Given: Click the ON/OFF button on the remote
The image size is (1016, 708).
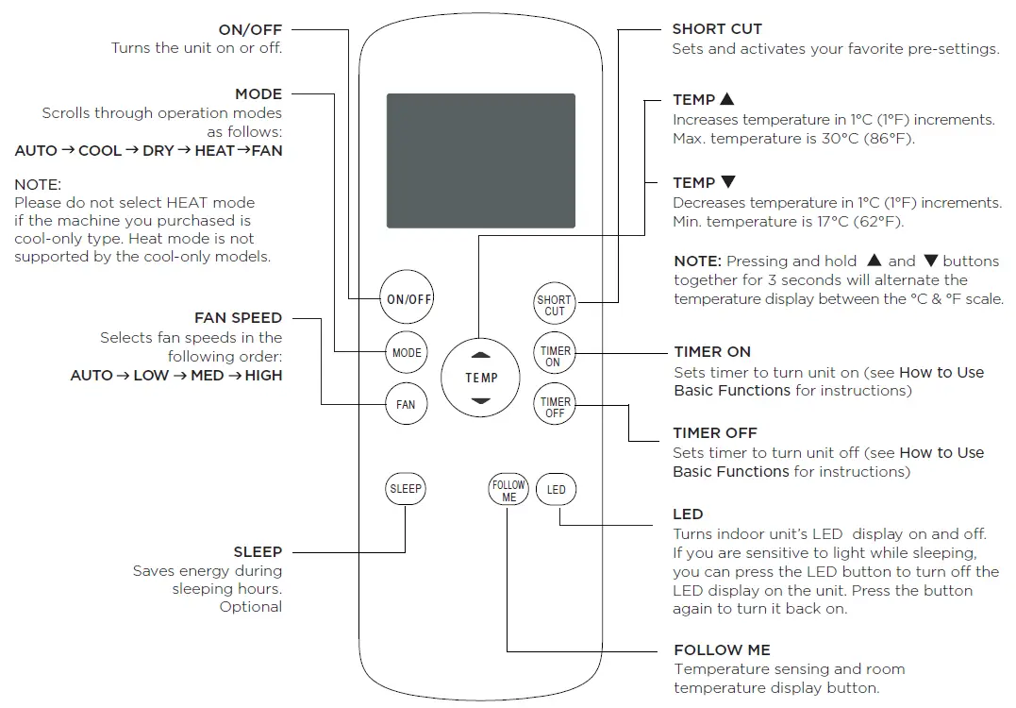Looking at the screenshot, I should [409, 299].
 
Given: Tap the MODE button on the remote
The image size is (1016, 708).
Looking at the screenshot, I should [407, 353].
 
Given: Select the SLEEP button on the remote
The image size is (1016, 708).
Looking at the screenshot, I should [406, 489].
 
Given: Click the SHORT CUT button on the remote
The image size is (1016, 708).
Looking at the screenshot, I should [555, 305].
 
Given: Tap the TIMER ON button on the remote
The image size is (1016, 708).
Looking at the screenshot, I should [554, 356].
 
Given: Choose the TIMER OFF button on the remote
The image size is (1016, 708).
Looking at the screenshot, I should [555, 407].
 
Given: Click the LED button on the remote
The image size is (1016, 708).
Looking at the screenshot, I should [557, 489].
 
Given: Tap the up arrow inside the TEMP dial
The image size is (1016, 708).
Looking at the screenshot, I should [481, 357].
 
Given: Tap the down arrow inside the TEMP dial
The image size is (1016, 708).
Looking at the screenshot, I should [481, 400].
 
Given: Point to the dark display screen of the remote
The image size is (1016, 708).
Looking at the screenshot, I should [481, 160].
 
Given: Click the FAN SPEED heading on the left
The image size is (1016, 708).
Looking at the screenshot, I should [238, 318].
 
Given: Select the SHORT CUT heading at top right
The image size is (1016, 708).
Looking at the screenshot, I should [717, 29].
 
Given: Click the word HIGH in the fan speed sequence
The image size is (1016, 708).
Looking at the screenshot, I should [263, 376].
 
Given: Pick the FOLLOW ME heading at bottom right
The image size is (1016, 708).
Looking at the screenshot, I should [722, 649].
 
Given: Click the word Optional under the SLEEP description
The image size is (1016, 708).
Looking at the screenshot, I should [251, 607].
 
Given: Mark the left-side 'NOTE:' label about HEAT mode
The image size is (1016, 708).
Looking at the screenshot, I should [38, 185].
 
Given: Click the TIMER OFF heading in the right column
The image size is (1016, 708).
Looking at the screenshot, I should [715, 432].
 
